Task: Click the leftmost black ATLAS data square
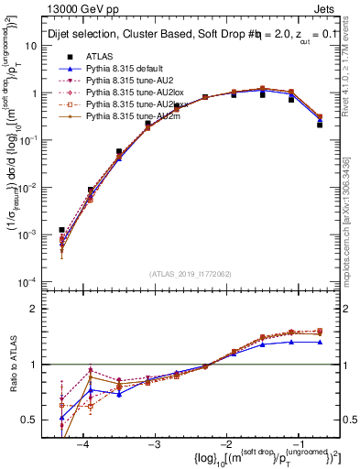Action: click(x=62, y=230)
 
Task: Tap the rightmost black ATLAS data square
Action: click(x=320, y=125)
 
